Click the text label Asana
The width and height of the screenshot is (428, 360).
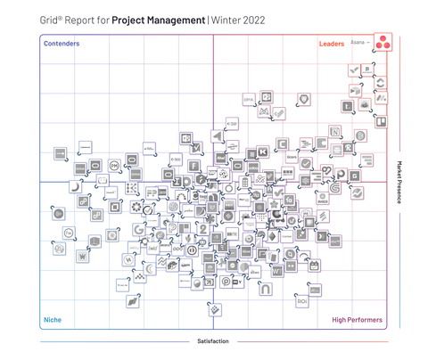(358, 42)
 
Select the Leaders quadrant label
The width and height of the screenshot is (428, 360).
(333, 43)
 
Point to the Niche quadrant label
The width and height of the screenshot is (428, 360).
(53, 319)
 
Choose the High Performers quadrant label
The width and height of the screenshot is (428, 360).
(357, 319)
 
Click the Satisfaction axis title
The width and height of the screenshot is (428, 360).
(214, 340)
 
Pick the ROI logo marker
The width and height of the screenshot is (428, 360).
(304, 302)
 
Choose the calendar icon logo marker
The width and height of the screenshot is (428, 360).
(314, 265)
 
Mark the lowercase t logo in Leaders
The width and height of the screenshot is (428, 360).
(348, 107)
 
